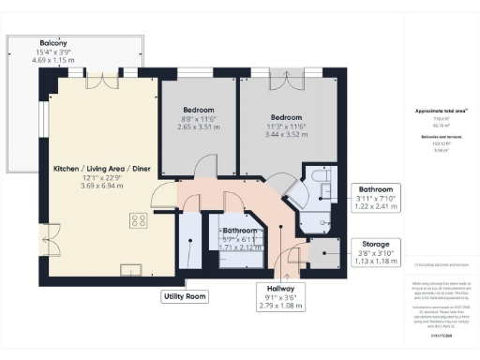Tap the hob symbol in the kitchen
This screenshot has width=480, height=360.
coord(137,221)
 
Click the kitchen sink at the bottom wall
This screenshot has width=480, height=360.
coord(127,269)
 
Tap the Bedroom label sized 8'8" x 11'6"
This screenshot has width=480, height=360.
coord(198,109)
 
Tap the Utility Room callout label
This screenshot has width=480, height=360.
coord(184,296)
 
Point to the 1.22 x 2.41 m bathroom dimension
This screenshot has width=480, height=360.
coord(377,207)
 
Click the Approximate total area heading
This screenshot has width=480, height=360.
coord(441,111)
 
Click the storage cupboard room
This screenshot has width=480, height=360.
coord(325,251)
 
